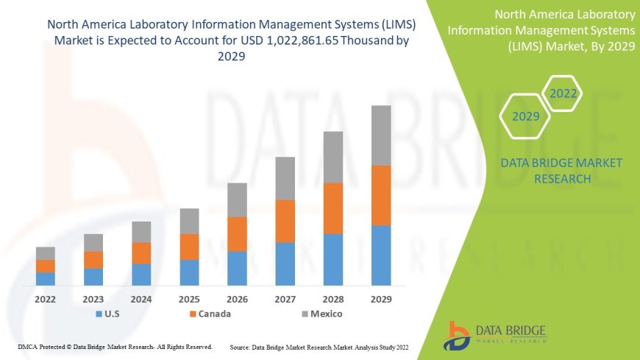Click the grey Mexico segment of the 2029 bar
coord(381,135)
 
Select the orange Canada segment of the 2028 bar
coord(333,208)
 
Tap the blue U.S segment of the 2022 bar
coord(46,278)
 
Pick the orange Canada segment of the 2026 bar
coord(237,234)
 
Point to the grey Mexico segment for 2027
coord(285,178)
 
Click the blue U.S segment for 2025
coord(189,272)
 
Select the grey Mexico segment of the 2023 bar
coord(93,243)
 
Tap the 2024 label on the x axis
coord(141,300)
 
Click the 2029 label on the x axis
coord(381,300)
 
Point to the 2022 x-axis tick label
coord(46,300)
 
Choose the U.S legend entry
coord(109,314)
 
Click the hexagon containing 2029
coord(525,116)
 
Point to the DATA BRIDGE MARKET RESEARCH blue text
coord(561,171)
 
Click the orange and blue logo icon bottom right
coord(456,335)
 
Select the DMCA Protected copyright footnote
coord(115,346)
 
